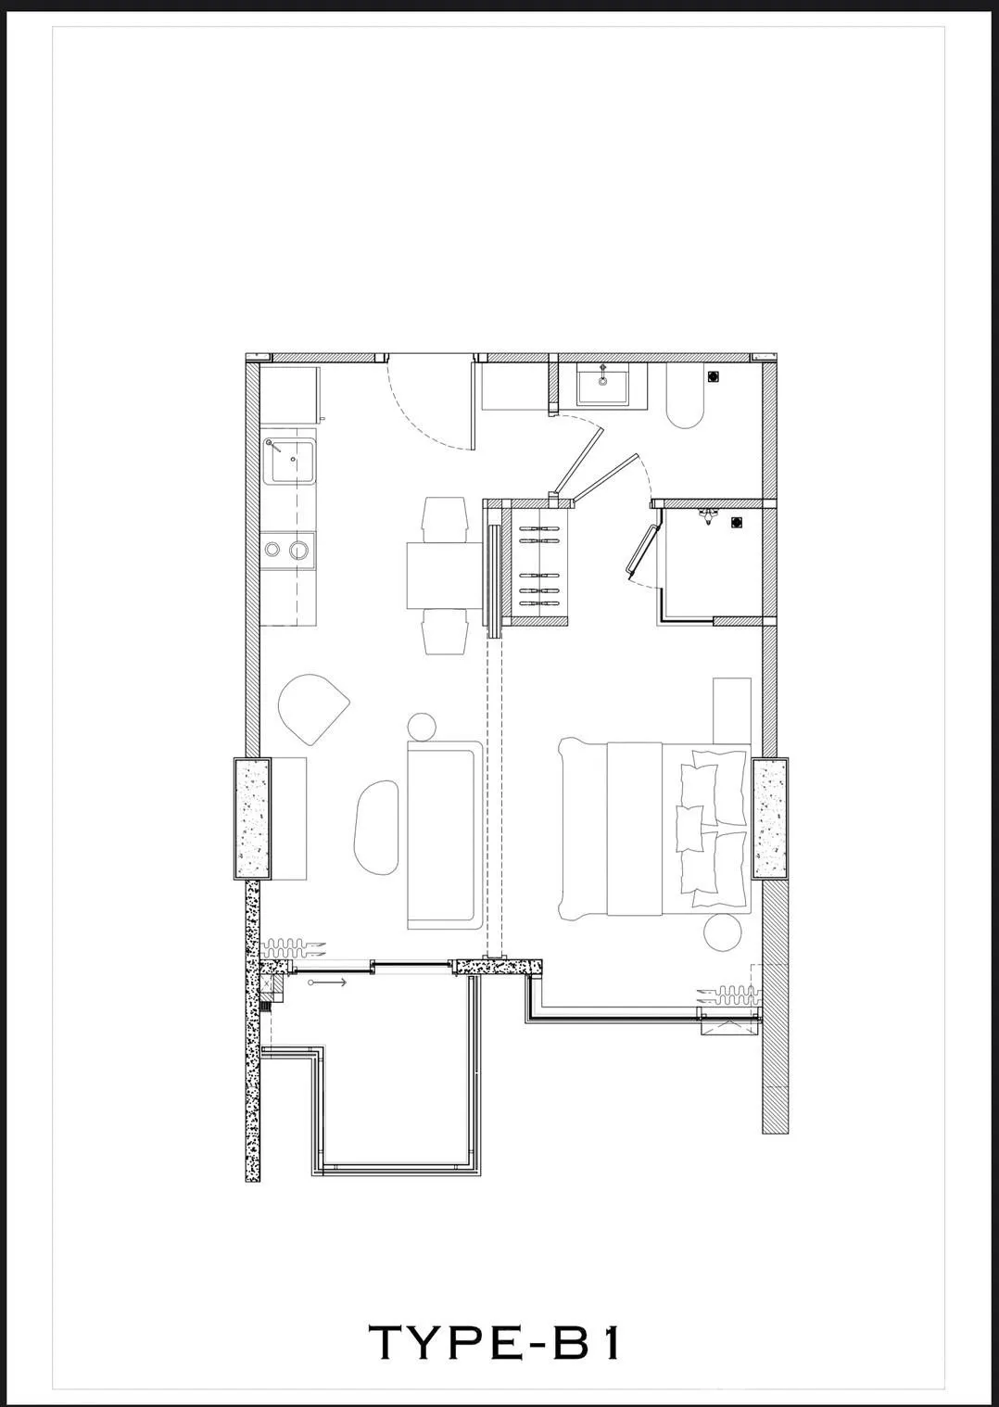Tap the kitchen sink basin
pyautogui.click(x=289, y=461)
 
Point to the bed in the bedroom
pyautogui.click(x=654, y=829)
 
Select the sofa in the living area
pyautogui.click(x=445, y=834)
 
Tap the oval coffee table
pyautogui.click(x=377, y=828)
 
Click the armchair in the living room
pyautogui.click(x=312, y=709)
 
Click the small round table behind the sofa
pyautogui.click(x=422, y=727)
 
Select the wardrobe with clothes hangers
pyautogui.click(x=539, y=562)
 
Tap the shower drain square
pyautogui.click(x=736, y=522)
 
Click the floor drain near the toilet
pyautogui.click(x=714, y=376)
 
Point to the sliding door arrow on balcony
pyautogui.click(x=327, y=982)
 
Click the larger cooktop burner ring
pyautogui.click(x=297, y=550)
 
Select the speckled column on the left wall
pyautogui.click(x=252, y=819)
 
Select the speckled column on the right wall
pyautogui.click(x=770, y=819)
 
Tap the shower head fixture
pyautogui.click(x=708, y=516)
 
